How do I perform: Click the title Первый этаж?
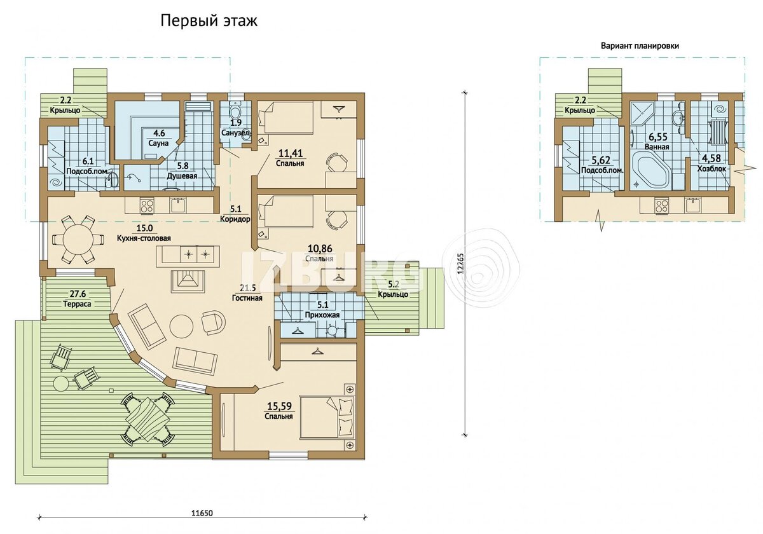click(x=209, y=21)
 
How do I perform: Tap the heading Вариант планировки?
click(x=640, y=46)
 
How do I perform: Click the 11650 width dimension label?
click(x=202, y=513)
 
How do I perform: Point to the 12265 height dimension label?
click(x=461, y=263)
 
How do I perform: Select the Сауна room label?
click(x=158, y=144)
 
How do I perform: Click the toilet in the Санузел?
click(x=235, y=111)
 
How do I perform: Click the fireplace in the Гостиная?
click(x=188, y=281)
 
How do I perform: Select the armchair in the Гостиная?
click(x=213, y=322)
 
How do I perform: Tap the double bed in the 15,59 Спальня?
click(x=327, y=417)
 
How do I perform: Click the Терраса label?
click(x=77, y=304)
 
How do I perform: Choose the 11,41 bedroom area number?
click(x=291, y=153)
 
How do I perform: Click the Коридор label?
click(x=235, y=219)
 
